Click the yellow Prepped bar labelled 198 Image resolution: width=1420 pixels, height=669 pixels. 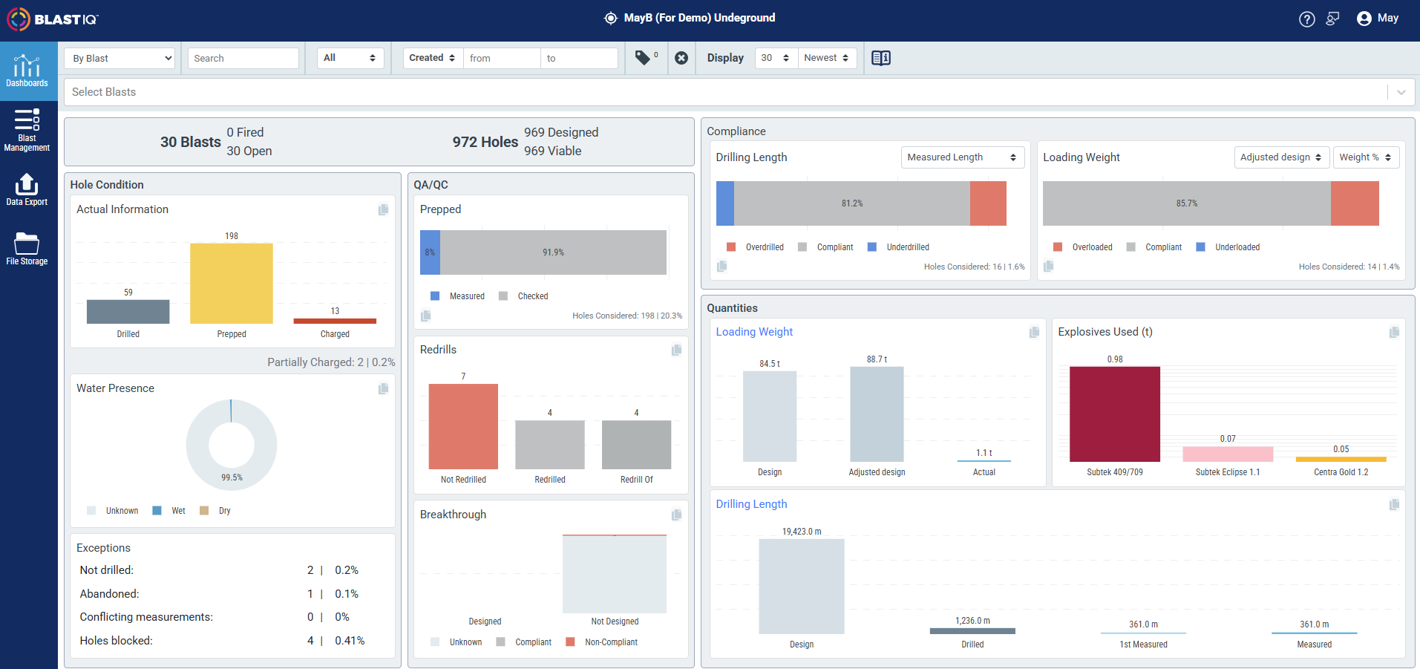(232, 283)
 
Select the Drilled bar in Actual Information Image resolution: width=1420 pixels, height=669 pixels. (128, 311)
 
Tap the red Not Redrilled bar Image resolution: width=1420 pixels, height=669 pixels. (463, 426)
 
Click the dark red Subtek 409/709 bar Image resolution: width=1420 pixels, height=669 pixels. (1114, 414)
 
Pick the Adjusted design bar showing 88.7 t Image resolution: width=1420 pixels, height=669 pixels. (877, 414)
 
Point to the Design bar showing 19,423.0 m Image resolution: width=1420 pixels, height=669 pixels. (802, 586)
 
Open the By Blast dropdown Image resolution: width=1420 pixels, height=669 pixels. (120, 58)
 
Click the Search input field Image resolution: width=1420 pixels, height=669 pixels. (243, 58)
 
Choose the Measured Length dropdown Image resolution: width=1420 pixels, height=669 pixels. (963, 157)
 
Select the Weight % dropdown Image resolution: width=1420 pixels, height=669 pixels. (1366, 157)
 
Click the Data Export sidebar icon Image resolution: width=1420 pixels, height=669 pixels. (27, 189)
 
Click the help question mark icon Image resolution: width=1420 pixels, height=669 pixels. (1307, 19)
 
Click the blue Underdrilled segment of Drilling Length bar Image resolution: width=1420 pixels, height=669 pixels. (725, 203)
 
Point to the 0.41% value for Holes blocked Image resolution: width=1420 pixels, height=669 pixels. (350, 641)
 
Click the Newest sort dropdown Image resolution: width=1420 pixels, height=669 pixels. (827, 58)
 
